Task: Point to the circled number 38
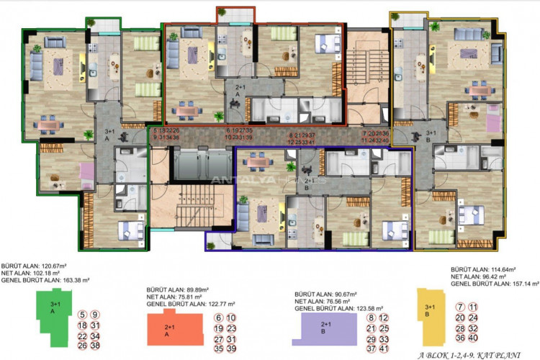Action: [94, 345]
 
